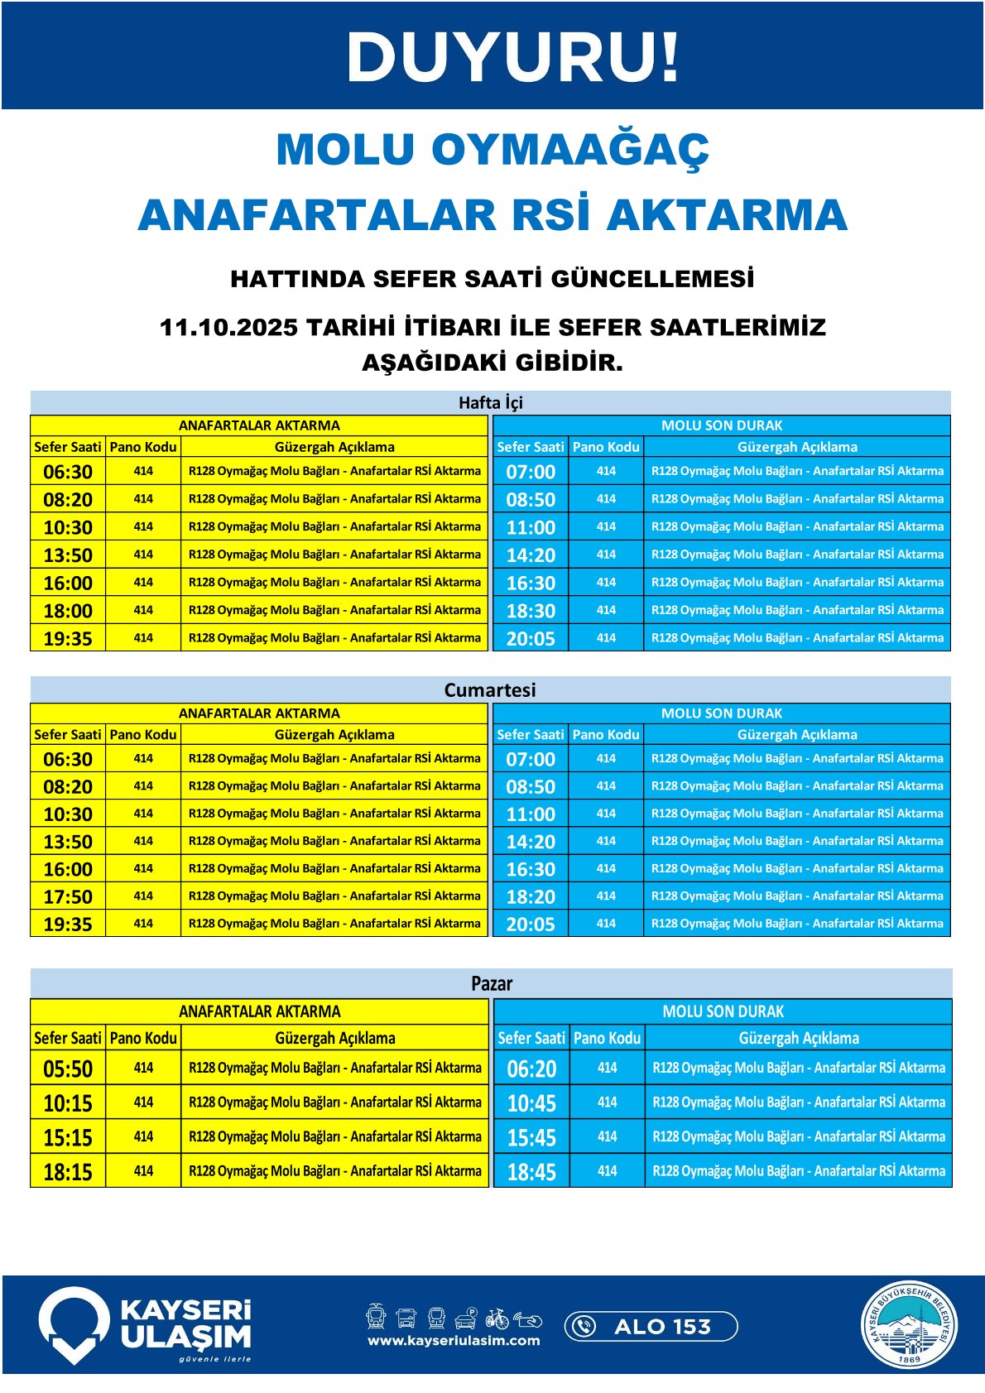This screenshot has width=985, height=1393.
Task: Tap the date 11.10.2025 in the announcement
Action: coord(228,328)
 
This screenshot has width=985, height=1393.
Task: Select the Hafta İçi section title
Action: coord(491,403)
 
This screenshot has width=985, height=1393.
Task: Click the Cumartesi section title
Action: coord(490,690)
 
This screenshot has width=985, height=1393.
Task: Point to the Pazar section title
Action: coord(492,983)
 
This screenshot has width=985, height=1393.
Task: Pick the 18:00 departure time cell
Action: coord(68,611)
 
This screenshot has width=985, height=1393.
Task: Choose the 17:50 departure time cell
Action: coord(68,896)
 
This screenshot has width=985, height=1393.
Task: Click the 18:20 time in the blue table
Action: coord(531,896)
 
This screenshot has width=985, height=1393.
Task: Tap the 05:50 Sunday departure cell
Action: coord(68,1069)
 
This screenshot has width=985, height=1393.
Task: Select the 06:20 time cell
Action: coord(531,1069)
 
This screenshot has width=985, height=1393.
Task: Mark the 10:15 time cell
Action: coord(68,1103)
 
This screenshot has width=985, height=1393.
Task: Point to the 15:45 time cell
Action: coord(531,1137)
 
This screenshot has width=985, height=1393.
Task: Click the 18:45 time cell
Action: coord(531,1172)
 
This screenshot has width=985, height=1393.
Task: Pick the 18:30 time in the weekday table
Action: coord(531,611)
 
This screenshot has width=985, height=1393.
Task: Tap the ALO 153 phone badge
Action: coord(651,1326)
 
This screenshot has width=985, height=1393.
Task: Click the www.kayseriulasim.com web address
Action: coord(454,1341)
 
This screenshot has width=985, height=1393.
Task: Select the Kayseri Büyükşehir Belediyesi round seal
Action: coord(909,1325)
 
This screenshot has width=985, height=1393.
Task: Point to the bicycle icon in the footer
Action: coord(497,1318)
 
